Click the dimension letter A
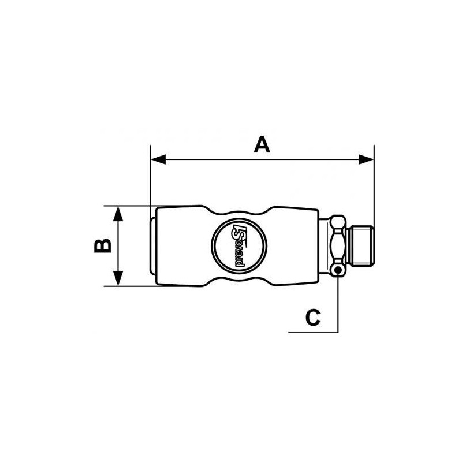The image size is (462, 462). click(x=262, y=144)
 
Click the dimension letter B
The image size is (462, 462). click(x=103, y=246)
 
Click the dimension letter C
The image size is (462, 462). click(x=312, y=317)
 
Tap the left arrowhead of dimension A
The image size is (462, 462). click(x=158, y=159)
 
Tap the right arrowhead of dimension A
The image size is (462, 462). click(x=366, y=159)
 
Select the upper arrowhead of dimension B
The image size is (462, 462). click(x=118, y=214)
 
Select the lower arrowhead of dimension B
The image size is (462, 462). click(x=118, y=278)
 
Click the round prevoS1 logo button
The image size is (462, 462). click(x=239, y=245)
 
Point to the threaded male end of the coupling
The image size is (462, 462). click(x=360, y=246)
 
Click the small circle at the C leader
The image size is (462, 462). click(x=338, y=269)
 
